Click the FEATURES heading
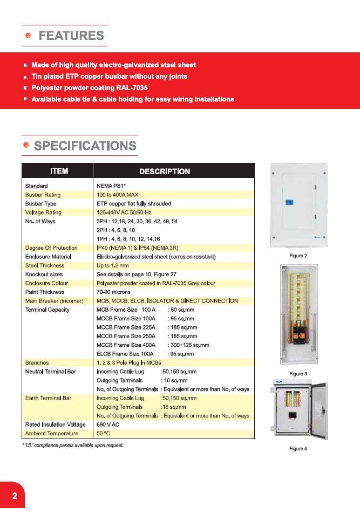click(x=71, y=36)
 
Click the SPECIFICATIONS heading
click(x=85, y=146)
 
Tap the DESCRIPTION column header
click(x=165, y=172)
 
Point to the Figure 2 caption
click(x=298, y=256)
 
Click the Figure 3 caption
click(x=298, y=374)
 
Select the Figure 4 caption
click(x=298, y=449)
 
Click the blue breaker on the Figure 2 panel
click(x=289, y=202)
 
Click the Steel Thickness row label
click(x=45, y=265)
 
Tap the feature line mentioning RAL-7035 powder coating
click(x=90, y=88)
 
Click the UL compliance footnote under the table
click(x=73, y=445)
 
